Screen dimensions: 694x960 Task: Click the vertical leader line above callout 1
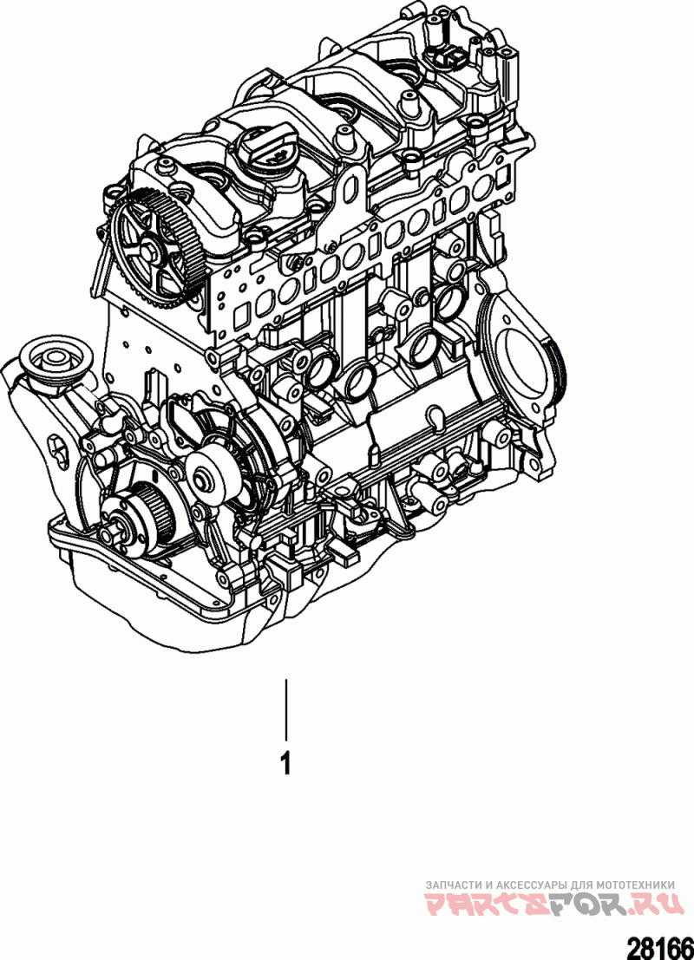coord(285,709)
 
